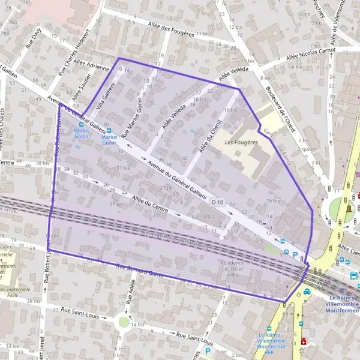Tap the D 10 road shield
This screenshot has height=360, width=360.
pyautogui.click(x=217, y=203)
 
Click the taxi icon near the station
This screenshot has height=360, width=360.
pyautogui.click(x=307, y=292)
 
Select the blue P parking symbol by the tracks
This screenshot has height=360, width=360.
pyautogui.click(x=295, y=254)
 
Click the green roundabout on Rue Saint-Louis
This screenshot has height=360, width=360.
pyautogui.click(x=124, y=322)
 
